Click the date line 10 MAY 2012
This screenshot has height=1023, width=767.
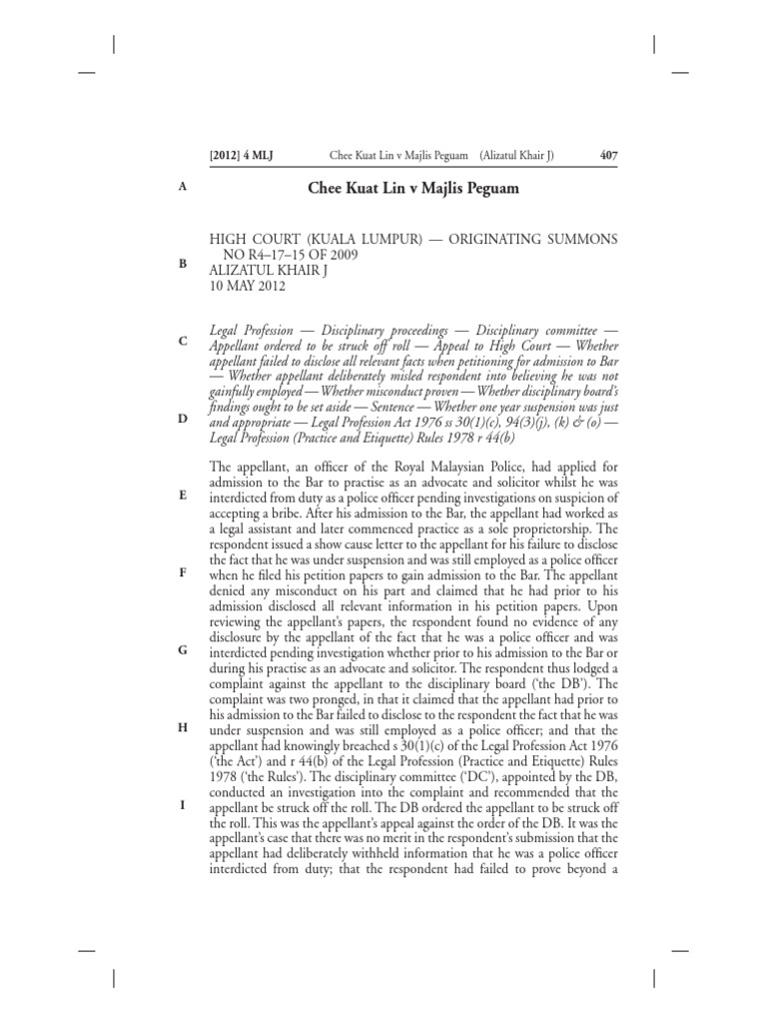(x=247, y=286)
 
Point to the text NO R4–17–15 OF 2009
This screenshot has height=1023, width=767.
(x=307, y=255)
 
